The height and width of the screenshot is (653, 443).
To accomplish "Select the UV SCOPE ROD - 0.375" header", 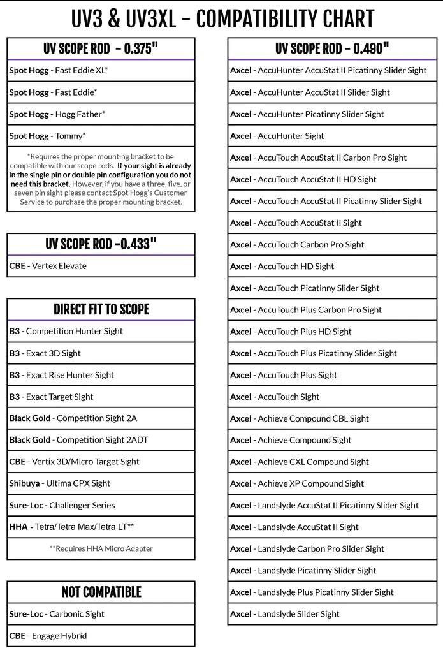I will point(101,49).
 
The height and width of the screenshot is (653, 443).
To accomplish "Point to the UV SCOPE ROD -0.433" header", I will point(101,244).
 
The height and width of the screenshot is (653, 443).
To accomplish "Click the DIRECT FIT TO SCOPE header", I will point(101,309).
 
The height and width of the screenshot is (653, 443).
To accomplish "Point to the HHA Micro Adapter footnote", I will point(101,548).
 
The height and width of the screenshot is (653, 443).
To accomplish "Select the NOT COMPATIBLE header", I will point(101,592).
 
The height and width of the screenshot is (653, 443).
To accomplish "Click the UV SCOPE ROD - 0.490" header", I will point(332,49).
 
